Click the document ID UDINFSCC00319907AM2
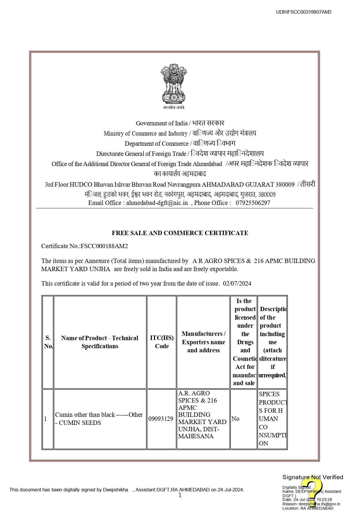click(303, 12)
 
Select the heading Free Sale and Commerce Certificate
click(180, 233)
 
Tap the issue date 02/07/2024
click(237, 284)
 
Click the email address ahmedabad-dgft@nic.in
click(157, 203)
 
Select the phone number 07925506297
click(253, 203)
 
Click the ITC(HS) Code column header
click(162, 342)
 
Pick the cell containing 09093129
click(161, 419)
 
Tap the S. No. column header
click(48, 342)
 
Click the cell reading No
click(235, 419)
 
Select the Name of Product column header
click(100, 342)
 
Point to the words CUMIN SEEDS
click(80, 423)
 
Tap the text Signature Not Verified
click(313, 477)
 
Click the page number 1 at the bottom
click(180, 495)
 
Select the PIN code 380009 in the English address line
click(285, 185)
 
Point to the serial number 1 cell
click(46, 419)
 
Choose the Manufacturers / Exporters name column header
click(203, 342)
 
